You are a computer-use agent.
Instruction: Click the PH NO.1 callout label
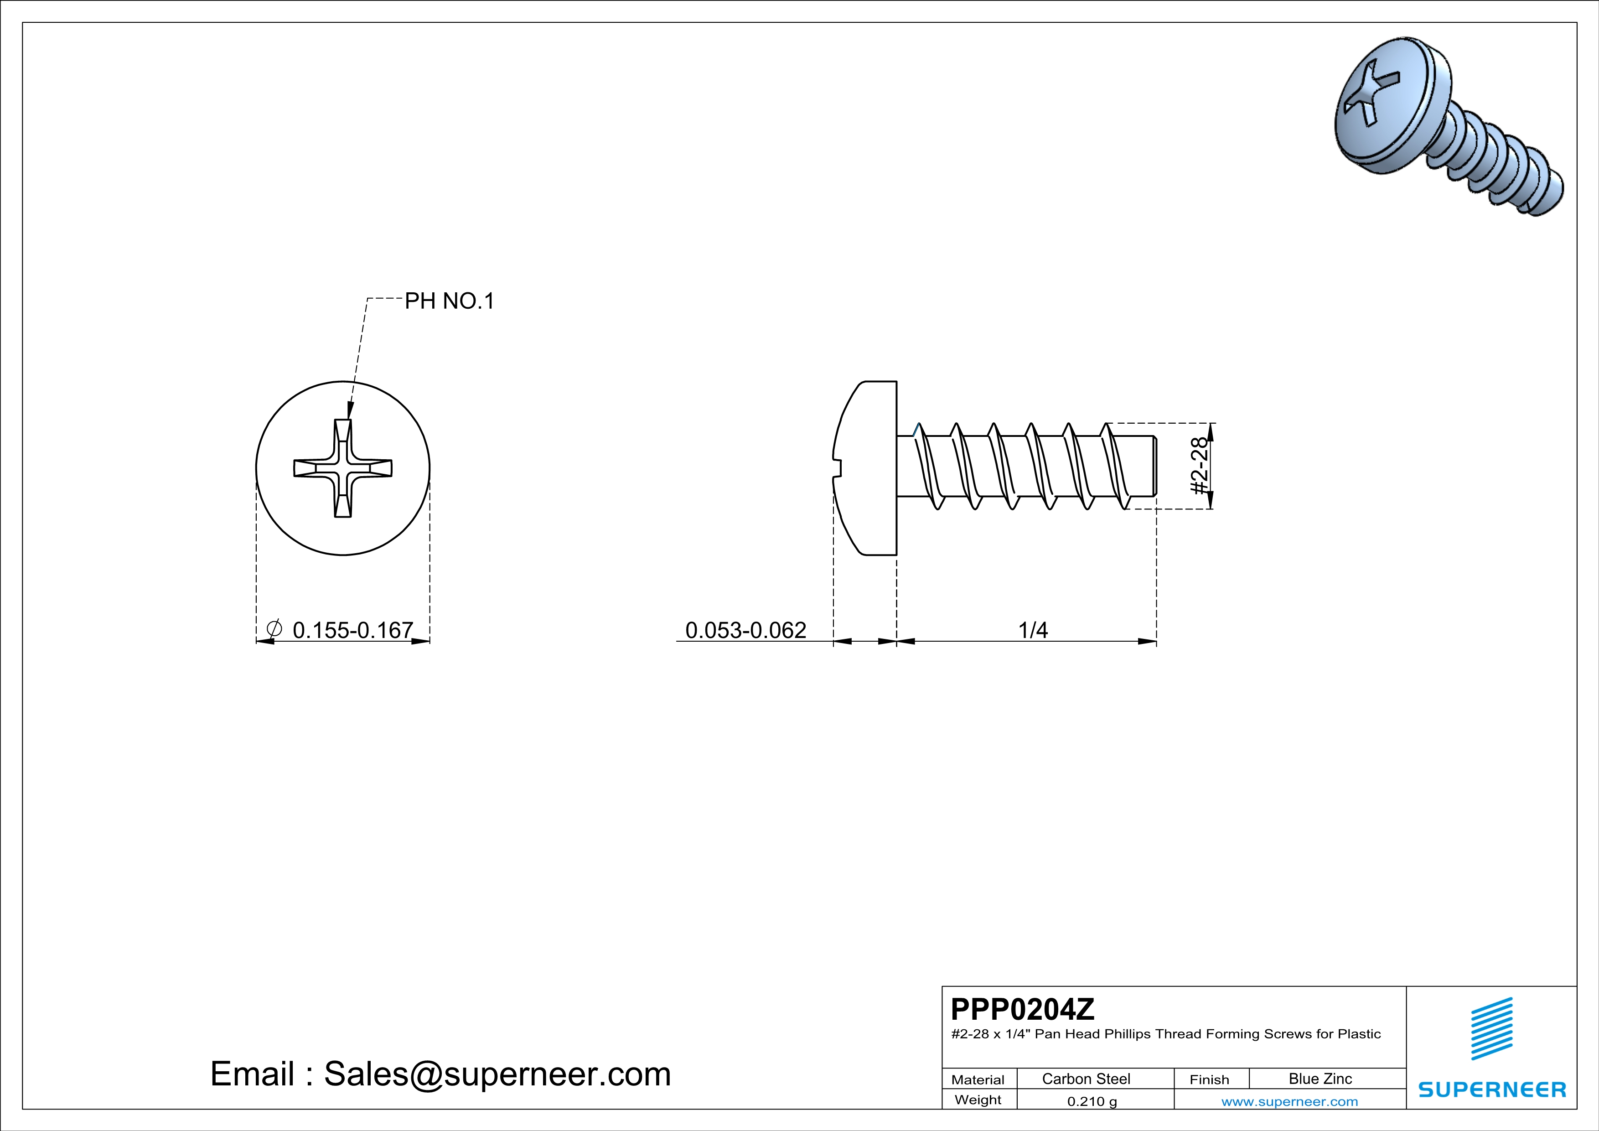coord(449,301)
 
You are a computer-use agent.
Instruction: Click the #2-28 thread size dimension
coord(1199,466)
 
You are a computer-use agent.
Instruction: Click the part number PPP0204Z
coord(1022,1009)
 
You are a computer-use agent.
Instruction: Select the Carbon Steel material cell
coord(1086,1079)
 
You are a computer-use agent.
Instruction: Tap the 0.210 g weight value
coord(1091,1101)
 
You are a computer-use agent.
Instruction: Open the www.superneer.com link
coord(1289,1101)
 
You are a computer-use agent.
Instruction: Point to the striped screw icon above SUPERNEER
coord(1492,1029)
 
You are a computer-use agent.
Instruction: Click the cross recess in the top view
coord(343,468)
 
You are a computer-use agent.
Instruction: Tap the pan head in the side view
coord(867,468)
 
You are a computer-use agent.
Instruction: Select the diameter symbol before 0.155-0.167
coord(274,629)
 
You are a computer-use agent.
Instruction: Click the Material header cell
coord(978,1079)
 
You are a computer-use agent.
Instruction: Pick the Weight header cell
coord(978,1100)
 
